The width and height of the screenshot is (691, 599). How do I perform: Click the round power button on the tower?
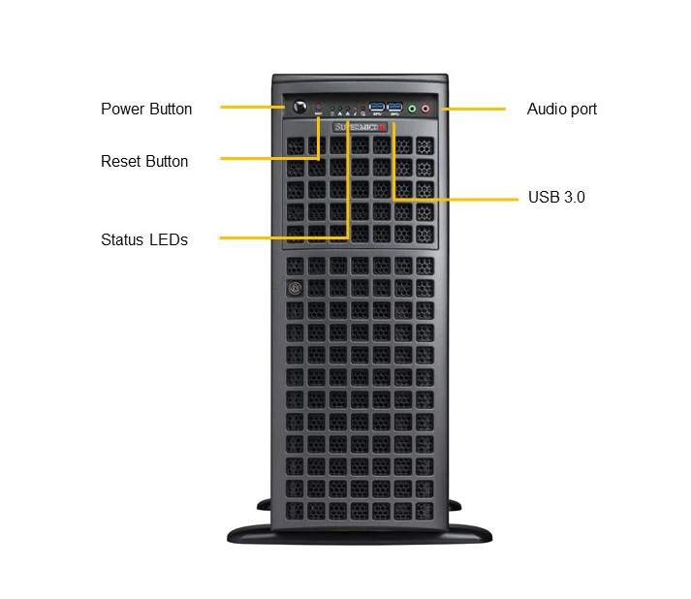(x=299, y=107)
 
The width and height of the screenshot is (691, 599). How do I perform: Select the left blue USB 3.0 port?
(x=377, y=108)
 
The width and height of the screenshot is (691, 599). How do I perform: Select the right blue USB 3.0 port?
(x=394, y=108)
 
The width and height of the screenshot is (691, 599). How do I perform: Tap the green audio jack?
(x=412, y=109)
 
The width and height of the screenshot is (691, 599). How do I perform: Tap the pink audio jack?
(x=425, y=109)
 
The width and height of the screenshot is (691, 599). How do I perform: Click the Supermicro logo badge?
(x=361, y=127)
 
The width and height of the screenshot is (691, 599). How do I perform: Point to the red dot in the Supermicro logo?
(x=382, y=127)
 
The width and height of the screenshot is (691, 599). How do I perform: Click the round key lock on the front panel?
(x=295, y=289)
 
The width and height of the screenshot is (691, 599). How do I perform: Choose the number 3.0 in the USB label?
(x=575, y=197)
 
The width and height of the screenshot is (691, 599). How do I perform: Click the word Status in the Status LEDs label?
(x=122, y=239)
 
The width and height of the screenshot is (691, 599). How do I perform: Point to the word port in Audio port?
(x=583, y=110)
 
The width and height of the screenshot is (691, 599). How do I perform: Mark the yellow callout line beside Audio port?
(x=474, y=109)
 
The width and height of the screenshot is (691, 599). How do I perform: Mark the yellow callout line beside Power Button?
(x=253, y=108)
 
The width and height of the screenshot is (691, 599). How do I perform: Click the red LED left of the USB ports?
(x=362, y=108)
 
